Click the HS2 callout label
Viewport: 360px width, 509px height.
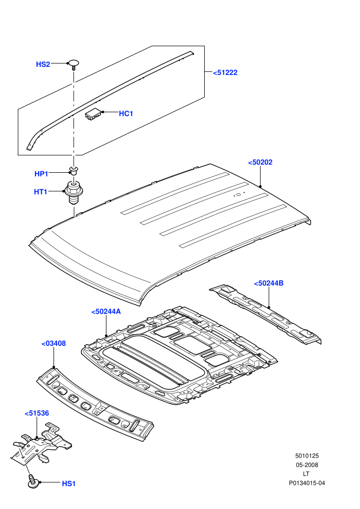click(43, 64)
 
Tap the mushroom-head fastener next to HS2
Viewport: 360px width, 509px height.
click(74, 64)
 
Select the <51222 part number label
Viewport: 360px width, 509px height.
click(225, 72)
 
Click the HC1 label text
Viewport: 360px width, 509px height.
click(126, 113)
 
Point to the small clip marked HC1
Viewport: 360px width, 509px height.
click(94, 114)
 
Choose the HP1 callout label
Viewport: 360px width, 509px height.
click(41, 174)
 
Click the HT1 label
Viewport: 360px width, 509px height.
click(41, 192)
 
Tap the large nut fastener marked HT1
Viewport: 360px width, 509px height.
click(75, 192)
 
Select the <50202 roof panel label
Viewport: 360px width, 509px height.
click(260, 162)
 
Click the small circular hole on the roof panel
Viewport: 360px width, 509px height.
click(238, 195)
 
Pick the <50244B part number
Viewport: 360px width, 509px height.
click(269, 283)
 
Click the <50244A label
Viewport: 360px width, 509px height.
click(106, 312)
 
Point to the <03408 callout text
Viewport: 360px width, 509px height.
click(54, 343)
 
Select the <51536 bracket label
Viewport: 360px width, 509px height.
click(37, 413)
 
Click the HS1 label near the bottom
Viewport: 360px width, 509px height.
click(69, 484)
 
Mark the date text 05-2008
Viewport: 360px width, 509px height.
click(307, 465)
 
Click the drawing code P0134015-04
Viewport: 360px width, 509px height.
click(307, 483)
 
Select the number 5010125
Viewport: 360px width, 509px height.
click(307, 456)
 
